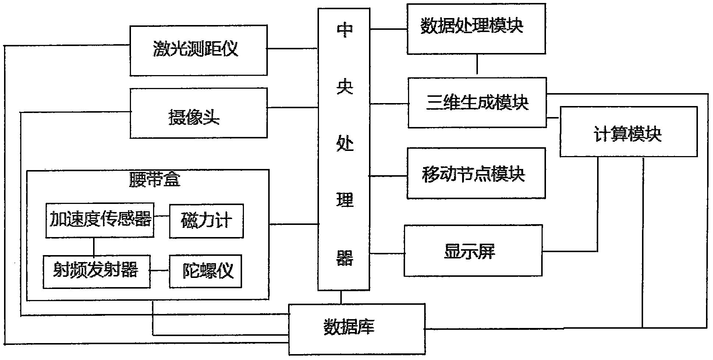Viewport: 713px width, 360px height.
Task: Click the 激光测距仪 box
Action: coord(198,50)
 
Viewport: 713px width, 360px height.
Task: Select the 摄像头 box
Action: coord(198,113)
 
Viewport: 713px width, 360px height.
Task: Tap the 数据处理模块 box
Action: coord(476,29)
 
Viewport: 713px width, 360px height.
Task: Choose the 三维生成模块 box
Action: coord(477,103)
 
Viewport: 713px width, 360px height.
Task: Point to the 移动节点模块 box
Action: coord(476,173)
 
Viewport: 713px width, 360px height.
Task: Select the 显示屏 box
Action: coord(473,251)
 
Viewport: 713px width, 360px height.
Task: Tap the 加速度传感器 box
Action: coord(100,220)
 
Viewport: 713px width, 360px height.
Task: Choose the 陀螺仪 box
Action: coord(205,271)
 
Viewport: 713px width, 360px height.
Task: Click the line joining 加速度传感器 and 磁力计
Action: coord(162,216)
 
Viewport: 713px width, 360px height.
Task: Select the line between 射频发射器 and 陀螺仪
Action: coord(160,271)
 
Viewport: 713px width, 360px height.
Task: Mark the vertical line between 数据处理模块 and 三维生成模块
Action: coord(477,65)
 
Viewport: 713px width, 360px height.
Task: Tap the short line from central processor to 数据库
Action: coord(341,297)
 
